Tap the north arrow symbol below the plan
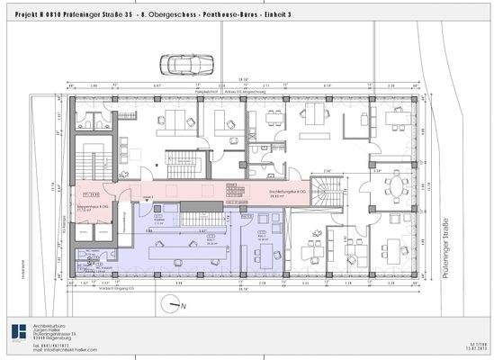tap(176, 305)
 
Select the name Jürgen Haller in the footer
tap(47, 331)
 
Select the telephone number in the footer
tap(51, 346)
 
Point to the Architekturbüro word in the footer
tap(49, 326)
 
